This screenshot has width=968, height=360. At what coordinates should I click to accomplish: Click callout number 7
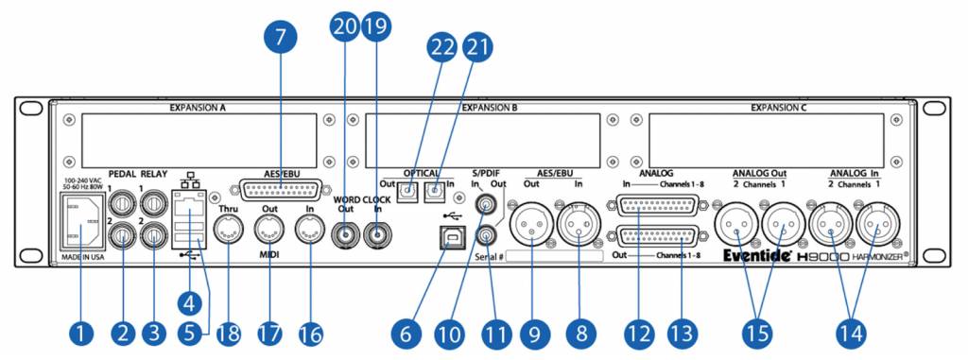tap(280, 40)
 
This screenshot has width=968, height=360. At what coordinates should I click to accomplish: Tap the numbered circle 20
tap(344, 28)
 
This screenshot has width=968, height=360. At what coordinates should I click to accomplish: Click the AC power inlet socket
tap(81, 227)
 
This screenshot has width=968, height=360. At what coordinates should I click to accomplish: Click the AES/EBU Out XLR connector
tap(531, 228)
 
